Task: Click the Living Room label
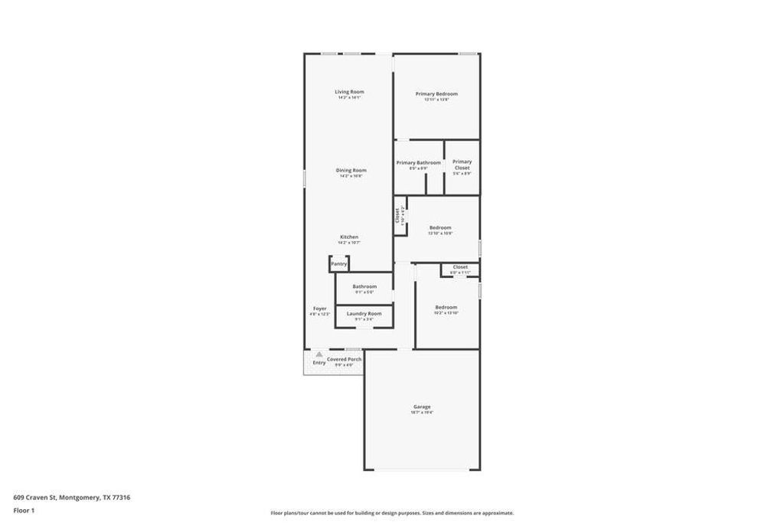click(349, 92)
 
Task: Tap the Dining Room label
click(351, 170)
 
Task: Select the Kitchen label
click(349, 237)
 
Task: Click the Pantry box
click(339, 263)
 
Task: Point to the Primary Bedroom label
click(436, 93)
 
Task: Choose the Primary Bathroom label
click(418, 162)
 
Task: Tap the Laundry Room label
click(364, 313)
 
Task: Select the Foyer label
click(319, 309)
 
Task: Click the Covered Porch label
click(344, 359)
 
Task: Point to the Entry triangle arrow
click(319, 354)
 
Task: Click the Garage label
click(422, 407)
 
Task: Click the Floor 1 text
click(24, 510)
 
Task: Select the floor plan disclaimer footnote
click(392, 513)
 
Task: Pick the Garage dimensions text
click(422, 413)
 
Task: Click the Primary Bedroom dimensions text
click(436, 100)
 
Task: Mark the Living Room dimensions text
click(349, 98)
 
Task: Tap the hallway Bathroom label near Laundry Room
click(364, 286)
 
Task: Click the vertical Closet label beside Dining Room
click(397, 216)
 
